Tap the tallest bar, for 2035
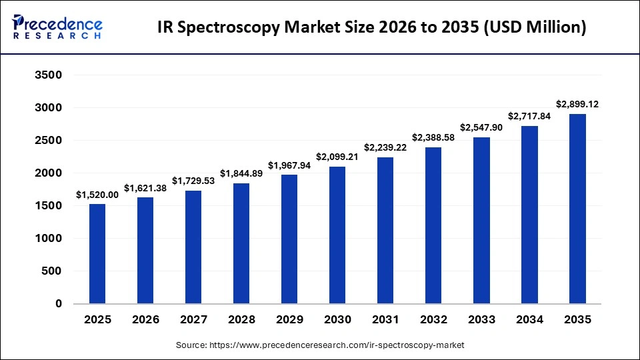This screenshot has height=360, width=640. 577,209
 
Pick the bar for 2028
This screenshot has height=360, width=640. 241,243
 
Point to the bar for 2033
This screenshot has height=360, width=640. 481,220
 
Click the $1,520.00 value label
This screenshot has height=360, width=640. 97,195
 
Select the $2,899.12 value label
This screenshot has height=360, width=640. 577,105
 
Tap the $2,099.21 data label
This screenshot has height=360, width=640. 337,157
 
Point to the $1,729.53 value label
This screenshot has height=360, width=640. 193,181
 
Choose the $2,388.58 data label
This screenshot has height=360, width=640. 433,138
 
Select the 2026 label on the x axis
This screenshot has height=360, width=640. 145,320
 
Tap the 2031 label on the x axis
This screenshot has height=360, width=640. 385,320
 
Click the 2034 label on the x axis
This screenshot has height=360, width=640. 529,320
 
